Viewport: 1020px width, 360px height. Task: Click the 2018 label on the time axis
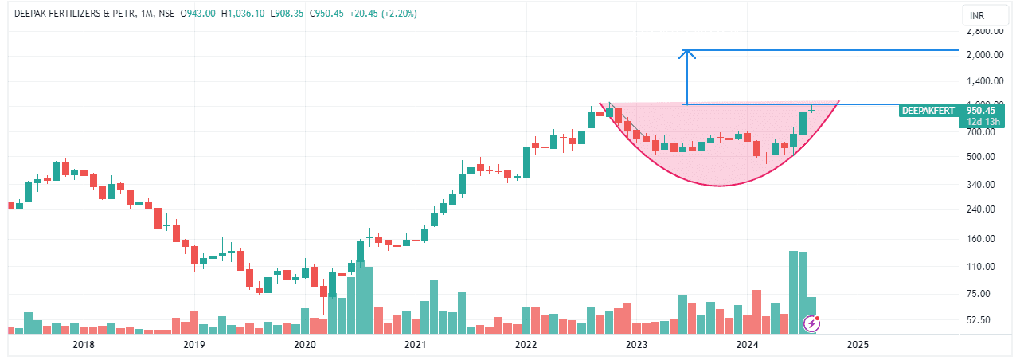(x=83, y=345)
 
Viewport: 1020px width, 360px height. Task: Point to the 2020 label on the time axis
(x=305, y=345)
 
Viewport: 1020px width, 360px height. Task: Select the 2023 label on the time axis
(x=636, y=345)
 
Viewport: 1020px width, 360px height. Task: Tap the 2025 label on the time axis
(x=858, y=345)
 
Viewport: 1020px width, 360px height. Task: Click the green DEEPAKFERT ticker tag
(x=928, y=111)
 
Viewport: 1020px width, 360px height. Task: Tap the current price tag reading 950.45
(x=983, y=111)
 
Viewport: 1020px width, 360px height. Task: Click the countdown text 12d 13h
(x=983, y=122)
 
